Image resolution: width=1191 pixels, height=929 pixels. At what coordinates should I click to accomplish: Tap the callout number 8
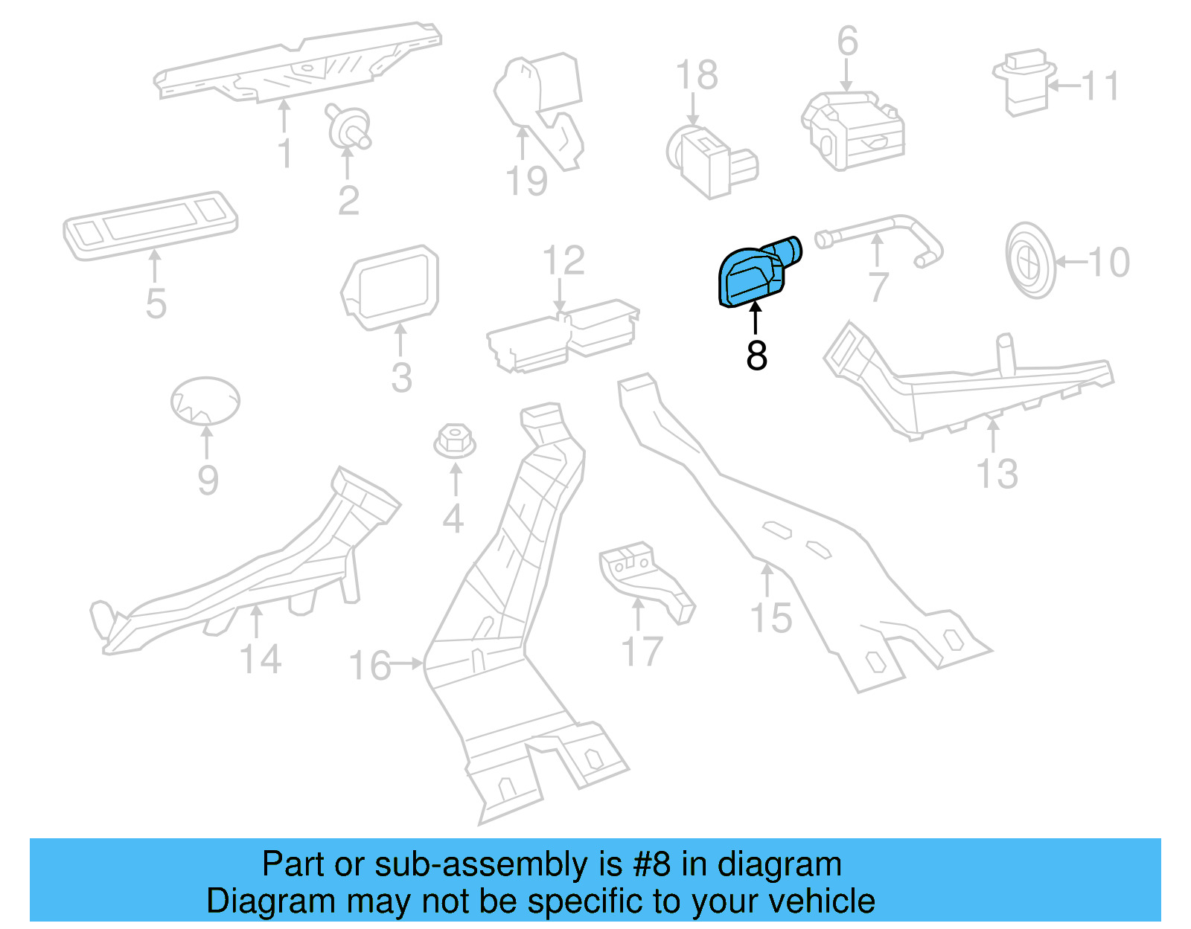pyautogui.click(x=756, y=356)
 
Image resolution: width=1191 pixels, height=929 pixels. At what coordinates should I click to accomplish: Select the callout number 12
pyautogui.click(x=563, y=261)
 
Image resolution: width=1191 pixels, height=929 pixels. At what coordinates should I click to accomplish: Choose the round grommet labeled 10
pyautogui.click(x=1030, y=260)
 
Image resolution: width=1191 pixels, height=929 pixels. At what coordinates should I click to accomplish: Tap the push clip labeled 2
pyautogui.click(x=348, y=128)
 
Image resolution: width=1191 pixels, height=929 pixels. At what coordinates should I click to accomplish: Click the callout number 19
pyautogui.click(x=526, y=181)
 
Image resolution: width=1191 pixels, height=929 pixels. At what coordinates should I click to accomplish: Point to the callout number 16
pyautogui.click(x=369, y=665)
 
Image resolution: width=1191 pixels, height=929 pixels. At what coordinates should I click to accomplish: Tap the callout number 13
pyautogui.click(x=997, y=474)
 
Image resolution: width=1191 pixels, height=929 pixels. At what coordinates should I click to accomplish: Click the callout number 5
pyautogui.click(x=156, y=303)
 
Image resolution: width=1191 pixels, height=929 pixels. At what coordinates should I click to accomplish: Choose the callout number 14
pyautogui.click(x=261, y=659)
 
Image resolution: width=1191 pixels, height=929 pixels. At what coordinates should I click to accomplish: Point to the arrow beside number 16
pyautogui.click(x=408, y=663)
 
